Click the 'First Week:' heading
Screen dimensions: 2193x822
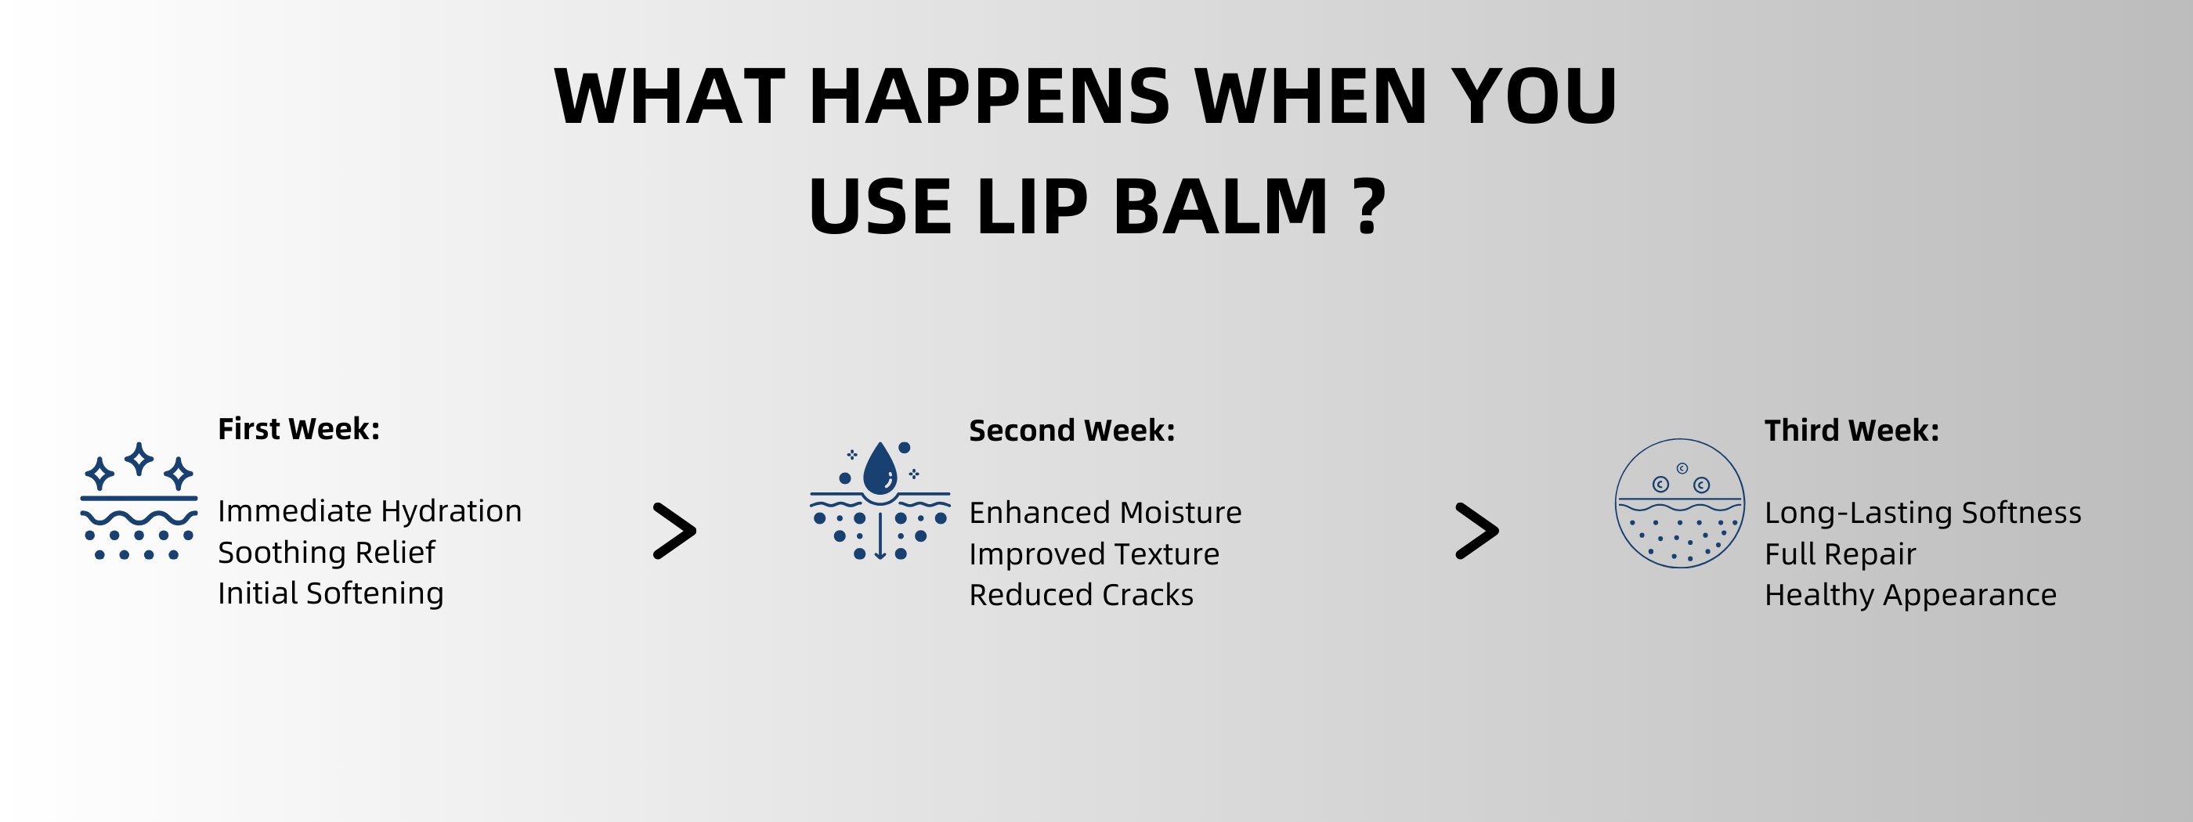point(299,429)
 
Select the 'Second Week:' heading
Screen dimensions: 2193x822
point(1071,431)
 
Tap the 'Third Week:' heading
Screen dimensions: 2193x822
point(1852,431)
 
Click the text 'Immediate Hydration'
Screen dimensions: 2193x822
point(370,511)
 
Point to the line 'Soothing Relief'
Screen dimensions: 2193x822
point(326,552)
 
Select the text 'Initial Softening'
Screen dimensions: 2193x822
point(331,593)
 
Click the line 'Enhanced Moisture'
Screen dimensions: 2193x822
point(1105,512)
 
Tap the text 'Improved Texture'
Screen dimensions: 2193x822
point(1094,554)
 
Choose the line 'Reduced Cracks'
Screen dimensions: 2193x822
point(1081,595)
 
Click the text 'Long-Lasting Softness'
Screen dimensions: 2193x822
point(1922,513)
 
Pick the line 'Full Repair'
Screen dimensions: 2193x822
point(1840,554)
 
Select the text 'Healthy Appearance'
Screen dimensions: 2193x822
point(1910,595)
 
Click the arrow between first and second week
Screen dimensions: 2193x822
point(675,531)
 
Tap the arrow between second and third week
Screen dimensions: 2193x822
point(1477,531)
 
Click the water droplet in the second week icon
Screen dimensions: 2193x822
point(880,470)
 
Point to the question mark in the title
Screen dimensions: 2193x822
point(1369,206)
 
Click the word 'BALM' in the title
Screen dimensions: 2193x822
point(1221,206)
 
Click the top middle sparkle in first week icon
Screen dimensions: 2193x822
point(139,459)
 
